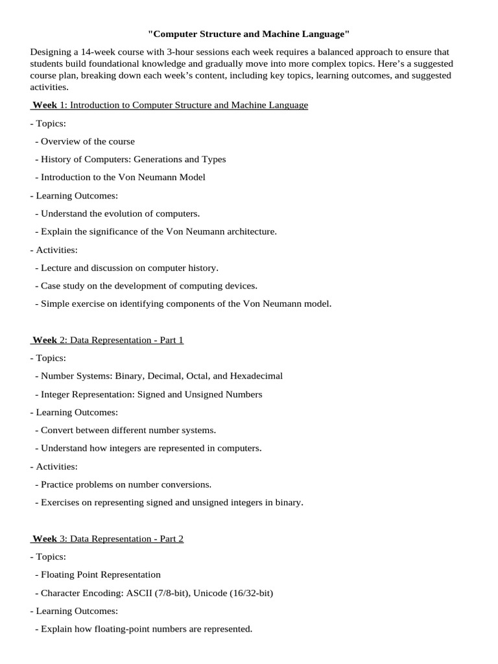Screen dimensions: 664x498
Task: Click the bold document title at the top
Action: click(248, 33)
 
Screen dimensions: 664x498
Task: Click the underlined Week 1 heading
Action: click(170, 105)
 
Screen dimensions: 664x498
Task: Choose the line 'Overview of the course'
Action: click(88, 141)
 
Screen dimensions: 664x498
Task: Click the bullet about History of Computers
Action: click(133, 159)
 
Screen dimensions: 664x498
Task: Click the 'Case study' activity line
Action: click(148, 285)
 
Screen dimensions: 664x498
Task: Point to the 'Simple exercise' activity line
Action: click(185, 303)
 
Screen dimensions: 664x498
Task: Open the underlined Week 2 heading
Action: click(108, 340)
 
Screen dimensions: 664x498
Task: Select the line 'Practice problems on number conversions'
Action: click(126, 484)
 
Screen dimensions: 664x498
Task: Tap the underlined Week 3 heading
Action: click(108, 538)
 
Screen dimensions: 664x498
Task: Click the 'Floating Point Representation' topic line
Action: click(101, 575)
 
